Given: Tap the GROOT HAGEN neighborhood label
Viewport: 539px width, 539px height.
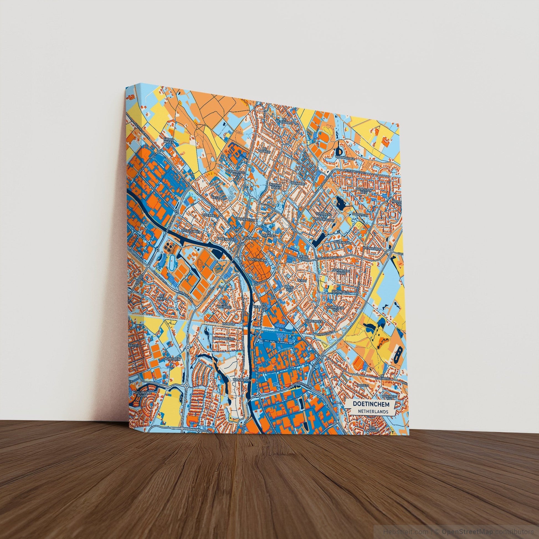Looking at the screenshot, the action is (168, 140).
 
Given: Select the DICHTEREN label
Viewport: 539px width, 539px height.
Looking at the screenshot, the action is (171, 359).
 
